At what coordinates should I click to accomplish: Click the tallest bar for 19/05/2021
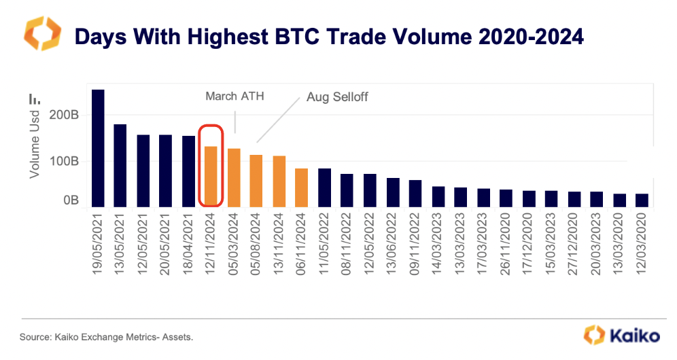pos(98,148)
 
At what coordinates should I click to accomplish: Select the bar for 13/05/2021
pos(120,166)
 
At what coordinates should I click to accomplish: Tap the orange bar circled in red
pos(211,177)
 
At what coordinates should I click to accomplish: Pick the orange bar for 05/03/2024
pos(234,177)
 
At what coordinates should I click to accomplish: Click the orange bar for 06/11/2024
pos(302,187)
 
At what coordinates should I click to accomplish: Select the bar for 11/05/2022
pos(324,187)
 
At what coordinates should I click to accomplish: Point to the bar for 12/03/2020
pos(642,200)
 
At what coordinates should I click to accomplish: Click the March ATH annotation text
pos(235,96)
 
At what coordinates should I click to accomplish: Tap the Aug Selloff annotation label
pos(337,97)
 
